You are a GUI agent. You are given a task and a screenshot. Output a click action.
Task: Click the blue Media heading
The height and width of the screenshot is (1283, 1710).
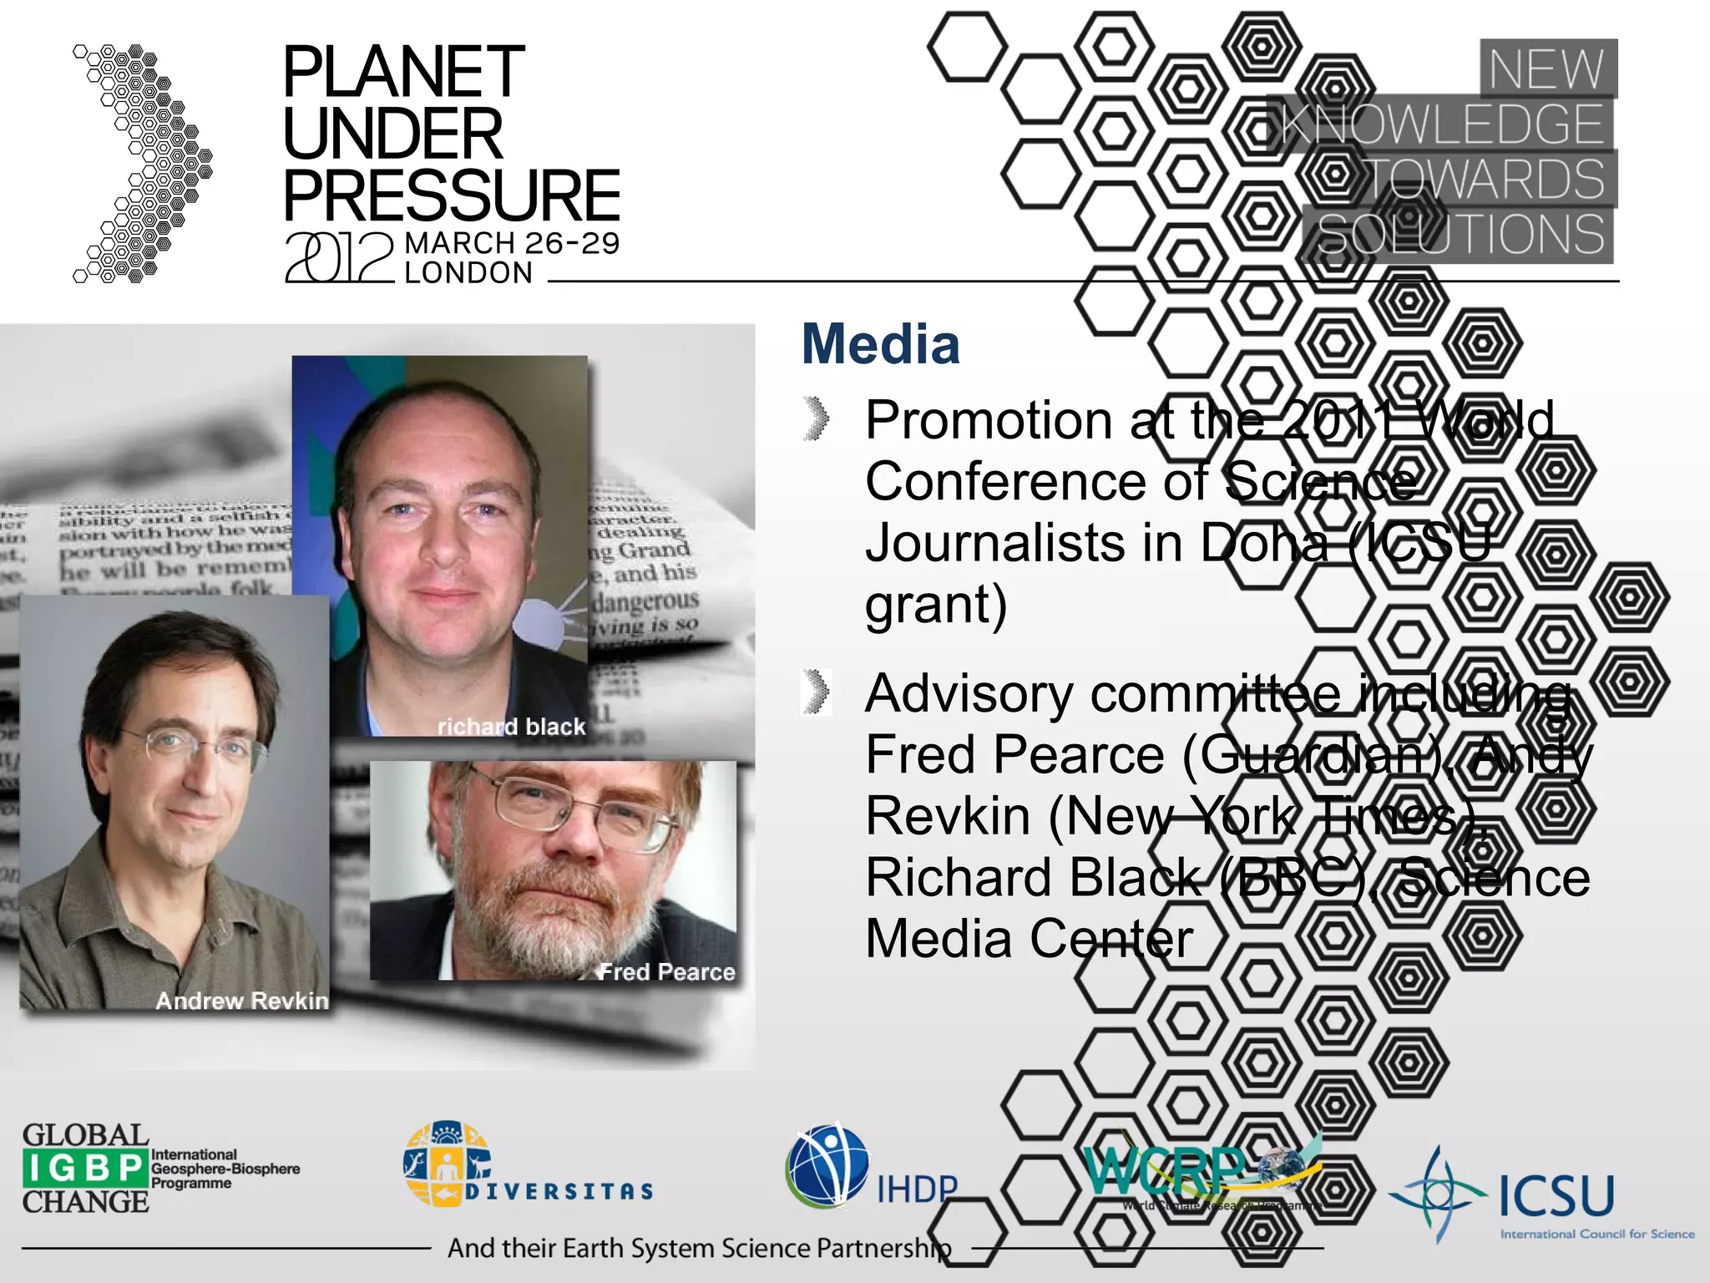tap(881, 344)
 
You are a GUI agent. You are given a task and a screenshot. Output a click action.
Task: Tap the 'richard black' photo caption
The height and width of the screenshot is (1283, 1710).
tap(511, 727)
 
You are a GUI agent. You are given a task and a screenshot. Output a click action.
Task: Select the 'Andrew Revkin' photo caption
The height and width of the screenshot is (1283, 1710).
tap(242, 1000)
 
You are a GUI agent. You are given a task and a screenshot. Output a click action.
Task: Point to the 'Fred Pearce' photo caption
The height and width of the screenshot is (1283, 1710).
tap(667, 971)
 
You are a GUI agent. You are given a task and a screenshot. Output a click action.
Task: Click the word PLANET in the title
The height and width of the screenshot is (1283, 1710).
tap(403, 73)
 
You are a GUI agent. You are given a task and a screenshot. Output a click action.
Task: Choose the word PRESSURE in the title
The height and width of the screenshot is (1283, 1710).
tap(452, 195)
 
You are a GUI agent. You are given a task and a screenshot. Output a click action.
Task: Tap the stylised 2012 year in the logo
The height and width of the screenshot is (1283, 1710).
tap(339, 257)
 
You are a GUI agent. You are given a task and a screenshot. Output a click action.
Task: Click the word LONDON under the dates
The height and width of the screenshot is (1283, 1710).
tap(468, 273)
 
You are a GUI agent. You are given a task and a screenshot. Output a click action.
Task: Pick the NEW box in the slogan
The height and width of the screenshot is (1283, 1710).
tap(1547, 68)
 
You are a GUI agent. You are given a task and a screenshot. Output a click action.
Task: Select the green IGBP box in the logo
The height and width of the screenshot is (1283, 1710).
tap(85, 1168)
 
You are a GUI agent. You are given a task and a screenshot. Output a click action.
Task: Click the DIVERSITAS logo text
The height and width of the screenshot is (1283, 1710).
tap(559, 1191)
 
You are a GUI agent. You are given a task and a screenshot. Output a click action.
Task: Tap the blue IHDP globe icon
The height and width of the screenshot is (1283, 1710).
tap(827, 1165)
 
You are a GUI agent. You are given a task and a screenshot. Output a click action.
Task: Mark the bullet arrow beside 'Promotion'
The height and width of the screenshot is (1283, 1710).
tap(817, 418)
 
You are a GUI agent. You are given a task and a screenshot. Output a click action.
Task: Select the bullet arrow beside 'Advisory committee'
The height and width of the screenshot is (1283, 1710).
tap(817, 692)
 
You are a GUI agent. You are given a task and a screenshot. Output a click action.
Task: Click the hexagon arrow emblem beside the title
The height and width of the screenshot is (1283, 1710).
tap(143, 164)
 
